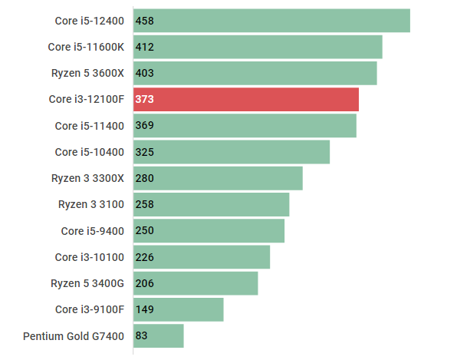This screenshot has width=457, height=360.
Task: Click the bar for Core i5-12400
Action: tap(271, 21)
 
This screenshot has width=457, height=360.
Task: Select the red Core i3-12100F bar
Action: tap(246, 99)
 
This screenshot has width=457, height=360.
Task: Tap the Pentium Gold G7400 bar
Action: tap(159, 335)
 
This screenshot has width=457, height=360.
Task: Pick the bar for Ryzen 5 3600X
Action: tap(255, 73)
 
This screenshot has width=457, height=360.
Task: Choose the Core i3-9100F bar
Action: tap(179, 309)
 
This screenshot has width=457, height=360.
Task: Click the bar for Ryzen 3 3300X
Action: tap(218, 178)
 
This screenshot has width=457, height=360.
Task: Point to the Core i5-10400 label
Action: tap(89, 152)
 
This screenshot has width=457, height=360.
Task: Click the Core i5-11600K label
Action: tap(86, 47)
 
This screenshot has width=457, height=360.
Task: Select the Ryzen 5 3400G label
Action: tap(87, 283)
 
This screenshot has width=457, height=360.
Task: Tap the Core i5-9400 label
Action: tap(92, 230)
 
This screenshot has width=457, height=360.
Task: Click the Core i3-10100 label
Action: tap(89, 257)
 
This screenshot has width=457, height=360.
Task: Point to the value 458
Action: tap(144, 21)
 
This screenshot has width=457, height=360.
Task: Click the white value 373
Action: tap(144, 99)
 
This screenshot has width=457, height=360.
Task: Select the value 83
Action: tap(141, 335)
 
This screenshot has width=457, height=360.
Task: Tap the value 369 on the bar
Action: tap(144, 126)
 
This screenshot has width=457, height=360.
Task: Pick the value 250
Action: tap(144, 230)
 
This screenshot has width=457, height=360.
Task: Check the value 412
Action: tap(144, 47)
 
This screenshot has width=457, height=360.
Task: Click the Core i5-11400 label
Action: tap(89, 126)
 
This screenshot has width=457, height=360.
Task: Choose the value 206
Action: tap(144, 283)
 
